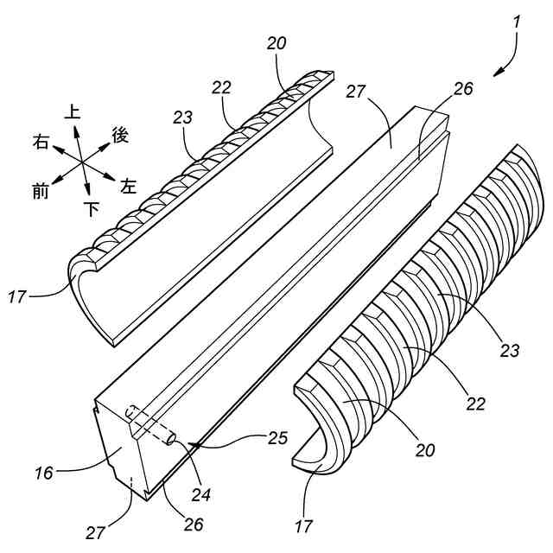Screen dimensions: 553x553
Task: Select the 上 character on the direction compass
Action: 73,112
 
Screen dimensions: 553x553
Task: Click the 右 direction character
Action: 41,141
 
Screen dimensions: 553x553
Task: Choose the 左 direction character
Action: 129,186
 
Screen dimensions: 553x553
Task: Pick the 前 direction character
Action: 41,192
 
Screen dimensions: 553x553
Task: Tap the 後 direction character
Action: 120,135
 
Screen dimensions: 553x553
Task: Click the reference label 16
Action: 45,473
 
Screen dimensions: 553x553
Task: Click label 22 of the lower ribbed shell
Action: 474,403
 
